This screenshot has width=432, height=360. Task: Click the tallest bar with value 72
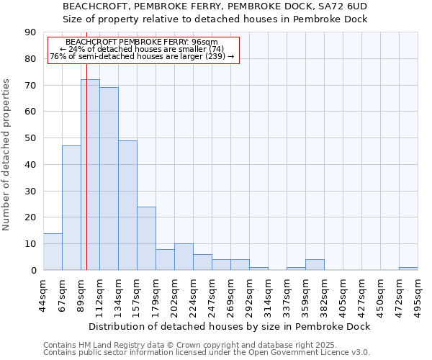(90, 175)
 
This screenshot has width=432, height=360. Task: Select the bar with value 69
(109, 179)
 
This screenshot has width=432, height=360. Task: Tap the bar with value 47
(71, 208)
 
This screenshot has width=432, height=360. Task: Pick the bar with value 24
(146, 238)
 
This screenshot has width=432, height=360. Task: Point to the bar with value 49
(127, 205)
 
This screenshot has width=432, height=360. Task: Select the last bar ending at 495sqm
(408, 269)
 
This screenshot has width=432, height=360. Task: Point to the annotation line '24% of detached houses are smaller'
(143, 49)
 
